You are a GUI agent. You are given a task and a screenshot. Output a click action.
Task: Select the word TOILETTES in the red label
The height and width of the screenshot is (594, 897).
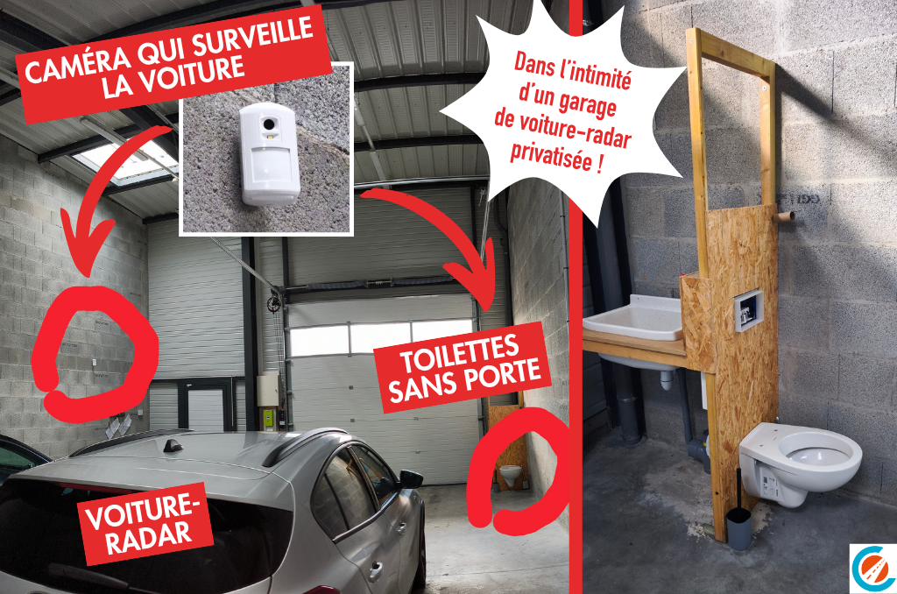coord(459,352)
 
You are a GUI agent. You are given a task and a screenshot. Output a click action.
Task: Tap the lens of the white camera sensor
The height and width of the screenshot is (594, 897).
coord(267,124)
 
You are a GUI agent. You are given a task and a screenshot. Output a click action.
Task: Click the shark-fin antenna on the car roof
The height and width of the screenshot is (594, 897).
coord(173,445)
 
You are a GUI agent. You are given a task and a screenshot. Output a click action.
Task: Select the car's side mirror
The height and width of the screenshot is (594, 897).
coord(411,478)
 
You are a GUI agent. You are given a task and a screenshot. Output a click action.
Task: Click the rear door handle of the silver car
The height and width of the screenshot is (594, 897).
coord(376,569)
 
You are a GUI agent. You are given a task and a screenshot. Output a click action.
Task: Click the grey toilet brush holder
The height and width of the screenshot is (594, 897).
coord(738,528)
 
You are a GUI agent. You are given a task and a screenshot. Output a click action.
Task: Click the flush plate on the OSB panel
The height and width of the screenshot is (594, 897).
coord(748,310)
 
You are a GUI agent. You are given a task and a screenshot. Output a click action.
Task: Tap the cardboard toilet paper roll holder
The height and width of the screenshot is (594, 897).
coord(783,217)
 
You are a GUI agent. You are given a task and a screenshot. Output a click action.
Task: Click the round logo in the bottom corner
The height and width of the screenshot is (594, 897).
coord(873,568)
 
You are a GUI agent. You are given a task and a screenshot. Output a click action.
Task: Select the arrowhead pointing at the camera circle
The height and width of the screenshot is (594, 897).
coord(86,246)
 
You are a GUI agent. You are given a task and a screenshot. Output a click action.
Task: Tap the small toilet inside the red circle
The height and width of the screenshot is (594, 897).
coord(511,473)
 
